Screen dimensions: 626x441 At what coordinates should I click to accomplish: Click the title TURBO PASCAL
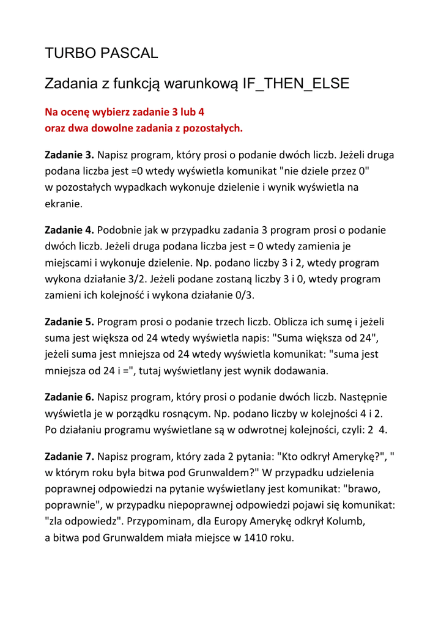102,53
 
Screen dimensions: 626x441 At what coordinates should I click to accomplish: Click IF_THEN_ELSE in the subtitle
296,84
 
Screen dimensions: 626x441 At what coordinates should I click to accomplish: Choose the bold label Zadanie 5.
70,321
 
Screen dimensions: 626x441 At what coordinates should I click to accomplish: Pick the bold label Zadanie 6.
70,396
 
